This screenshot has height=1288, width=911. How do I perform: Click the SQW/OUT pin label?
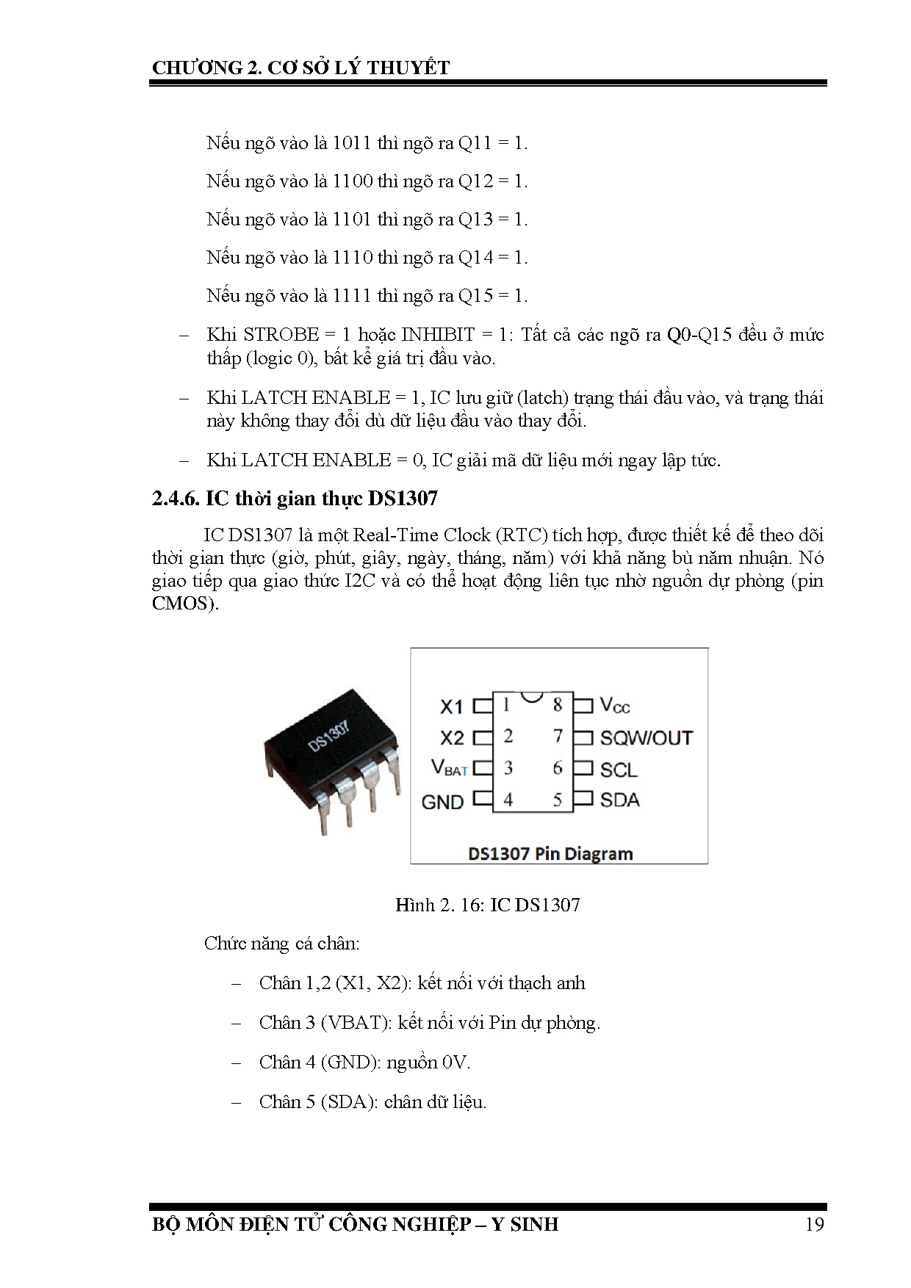click(x=646, y=737)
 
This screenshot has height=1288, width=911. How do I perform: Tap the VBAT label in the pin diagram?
click(x=449, y=768)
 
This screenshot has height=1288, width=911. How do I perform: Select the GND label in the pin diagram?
click(x=442, y=802)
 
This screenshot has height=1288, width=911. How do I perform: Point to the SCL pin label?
click(x=618, y=770)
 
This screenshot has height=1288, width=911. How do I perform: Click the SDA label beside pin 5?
click(x=619, y=800)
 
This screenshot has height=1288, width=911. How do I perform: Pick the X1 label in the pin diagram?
click(x=452, y=706)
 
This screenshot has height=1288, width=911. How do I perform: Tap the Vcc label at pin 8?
click(x=615, y=705)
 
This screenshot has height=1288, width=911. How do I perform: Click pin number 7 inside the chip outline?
click(x=558, y=736)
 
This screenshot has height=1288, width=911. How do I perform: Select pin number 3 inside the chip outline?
click(x=508, y=768)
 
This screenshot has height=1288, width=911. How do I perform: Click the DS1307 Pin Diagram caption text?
click(x=550, y=853)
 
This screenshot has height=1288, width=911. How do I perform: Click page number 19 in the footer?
click(x=814, y=1224)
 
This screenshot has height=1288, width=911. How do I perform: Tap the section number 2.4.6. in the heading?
click(x=176, y=499)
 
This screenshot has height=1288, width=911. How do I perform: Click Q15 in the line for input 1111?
click(x=475, y=296)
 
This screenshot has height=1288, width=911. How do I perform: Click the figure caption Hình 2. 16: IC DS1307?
click(x=487, y=905)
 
